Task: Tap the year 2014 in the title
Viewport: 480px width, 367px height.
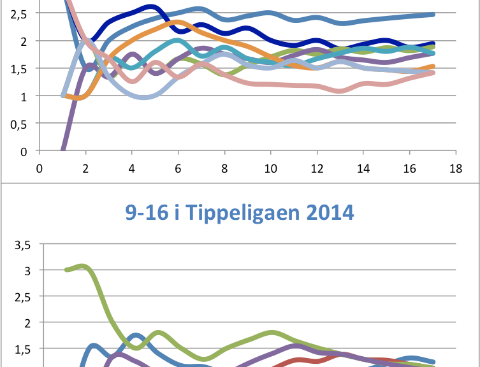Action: (328, 212)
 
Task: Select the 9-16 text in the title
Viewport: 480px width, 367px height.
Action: (148, 212)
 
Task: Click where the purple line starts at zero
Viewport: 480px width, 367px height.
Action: (62, 150)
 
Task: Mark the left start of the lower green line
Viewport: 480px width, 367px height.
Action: (66, 270)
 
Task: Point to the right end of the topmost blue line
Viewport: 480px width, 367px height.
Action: (433, 14)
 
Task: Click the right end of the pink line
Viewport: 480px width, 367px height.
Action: (433, 73)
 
